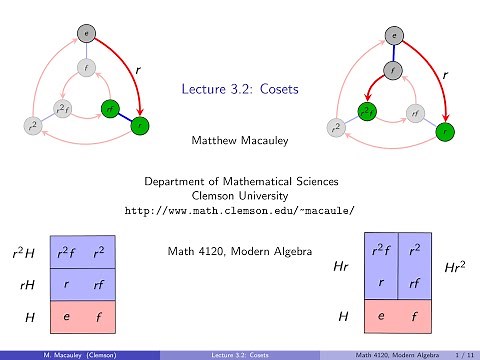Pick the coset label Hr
[340, 268]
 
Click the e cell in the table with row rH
[67, 318]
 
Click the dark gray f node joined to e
[395, 72]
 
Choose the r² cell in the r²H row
[97, 253]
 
